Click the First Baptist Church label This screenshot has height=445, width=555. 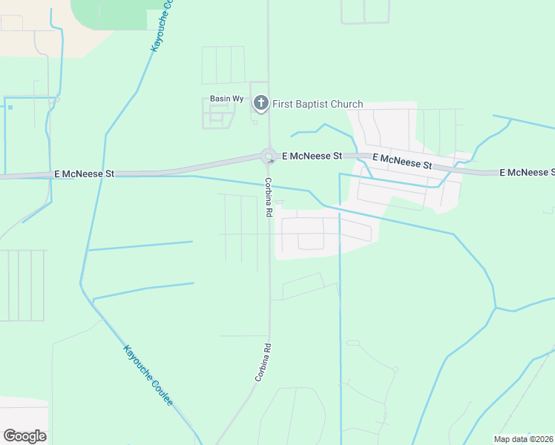click(x=318, y=104)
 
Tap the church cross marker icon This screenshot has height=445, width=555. click(x=260, y=103)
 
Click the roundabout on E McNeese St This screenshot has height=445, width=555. click(x=269, y=156)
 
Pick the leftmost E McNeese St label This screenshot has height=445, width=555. click(x=84, y=174)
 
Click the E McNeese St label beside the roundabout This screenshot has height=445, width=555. click(x=312, y=156)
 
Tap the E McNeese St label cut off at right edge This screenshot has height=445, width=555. click(x=526, y=172)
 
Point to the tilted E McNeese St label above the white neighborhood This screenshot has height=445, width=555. click(x=402, y=161)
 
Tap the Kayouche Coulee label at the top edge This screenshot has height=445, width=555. click(x=161, y=26)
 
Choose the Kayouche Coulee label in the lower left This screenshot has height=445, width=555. click(x=148, y=375)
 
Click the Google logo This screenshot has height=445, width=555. click(x=24, y=436)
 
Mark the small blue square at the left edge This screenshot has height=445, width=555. click(x=10, y=108)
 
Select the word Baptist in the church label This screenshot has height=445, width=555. click(x=311, y=104)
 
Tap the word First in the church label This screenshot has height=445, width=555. click(x=283, y=104)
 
